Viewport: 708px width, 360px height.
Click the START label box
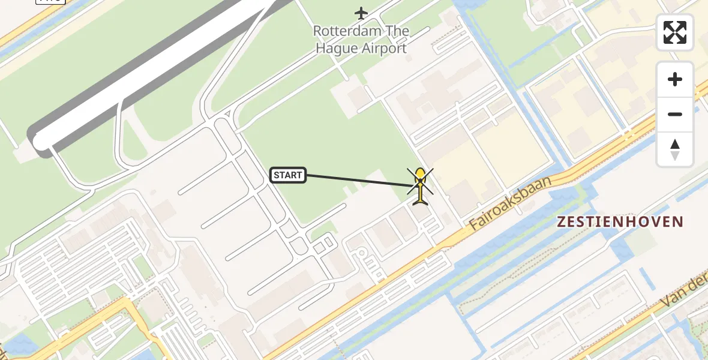pyautogui.click(x=288, y=175)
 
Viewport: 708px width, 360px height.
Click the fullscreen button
pyautogui.click(x=675, y=32)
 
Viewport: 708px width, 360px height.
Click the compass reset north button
pyautogui.click(x=675, y=149)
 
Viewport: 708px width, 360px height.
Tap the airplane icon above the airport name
pyautogui.click(x=361, y=13)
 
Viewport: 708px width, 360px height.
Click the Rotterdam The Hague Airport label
pyautogui.click(x=362, y=40)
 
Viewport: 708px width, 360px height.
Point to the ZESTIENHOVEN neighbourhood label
pyautogui.click(x=620, y=222)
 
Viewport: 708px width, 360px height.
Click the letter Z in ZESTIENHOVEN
pyautogui.click(x=562, y=222)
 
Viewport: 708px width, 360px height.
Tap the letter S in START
pyautogui.click(x=277, y=175)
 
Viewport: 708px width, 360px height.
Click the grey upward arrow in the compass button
pyautogui.click(x=675, y=144)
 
